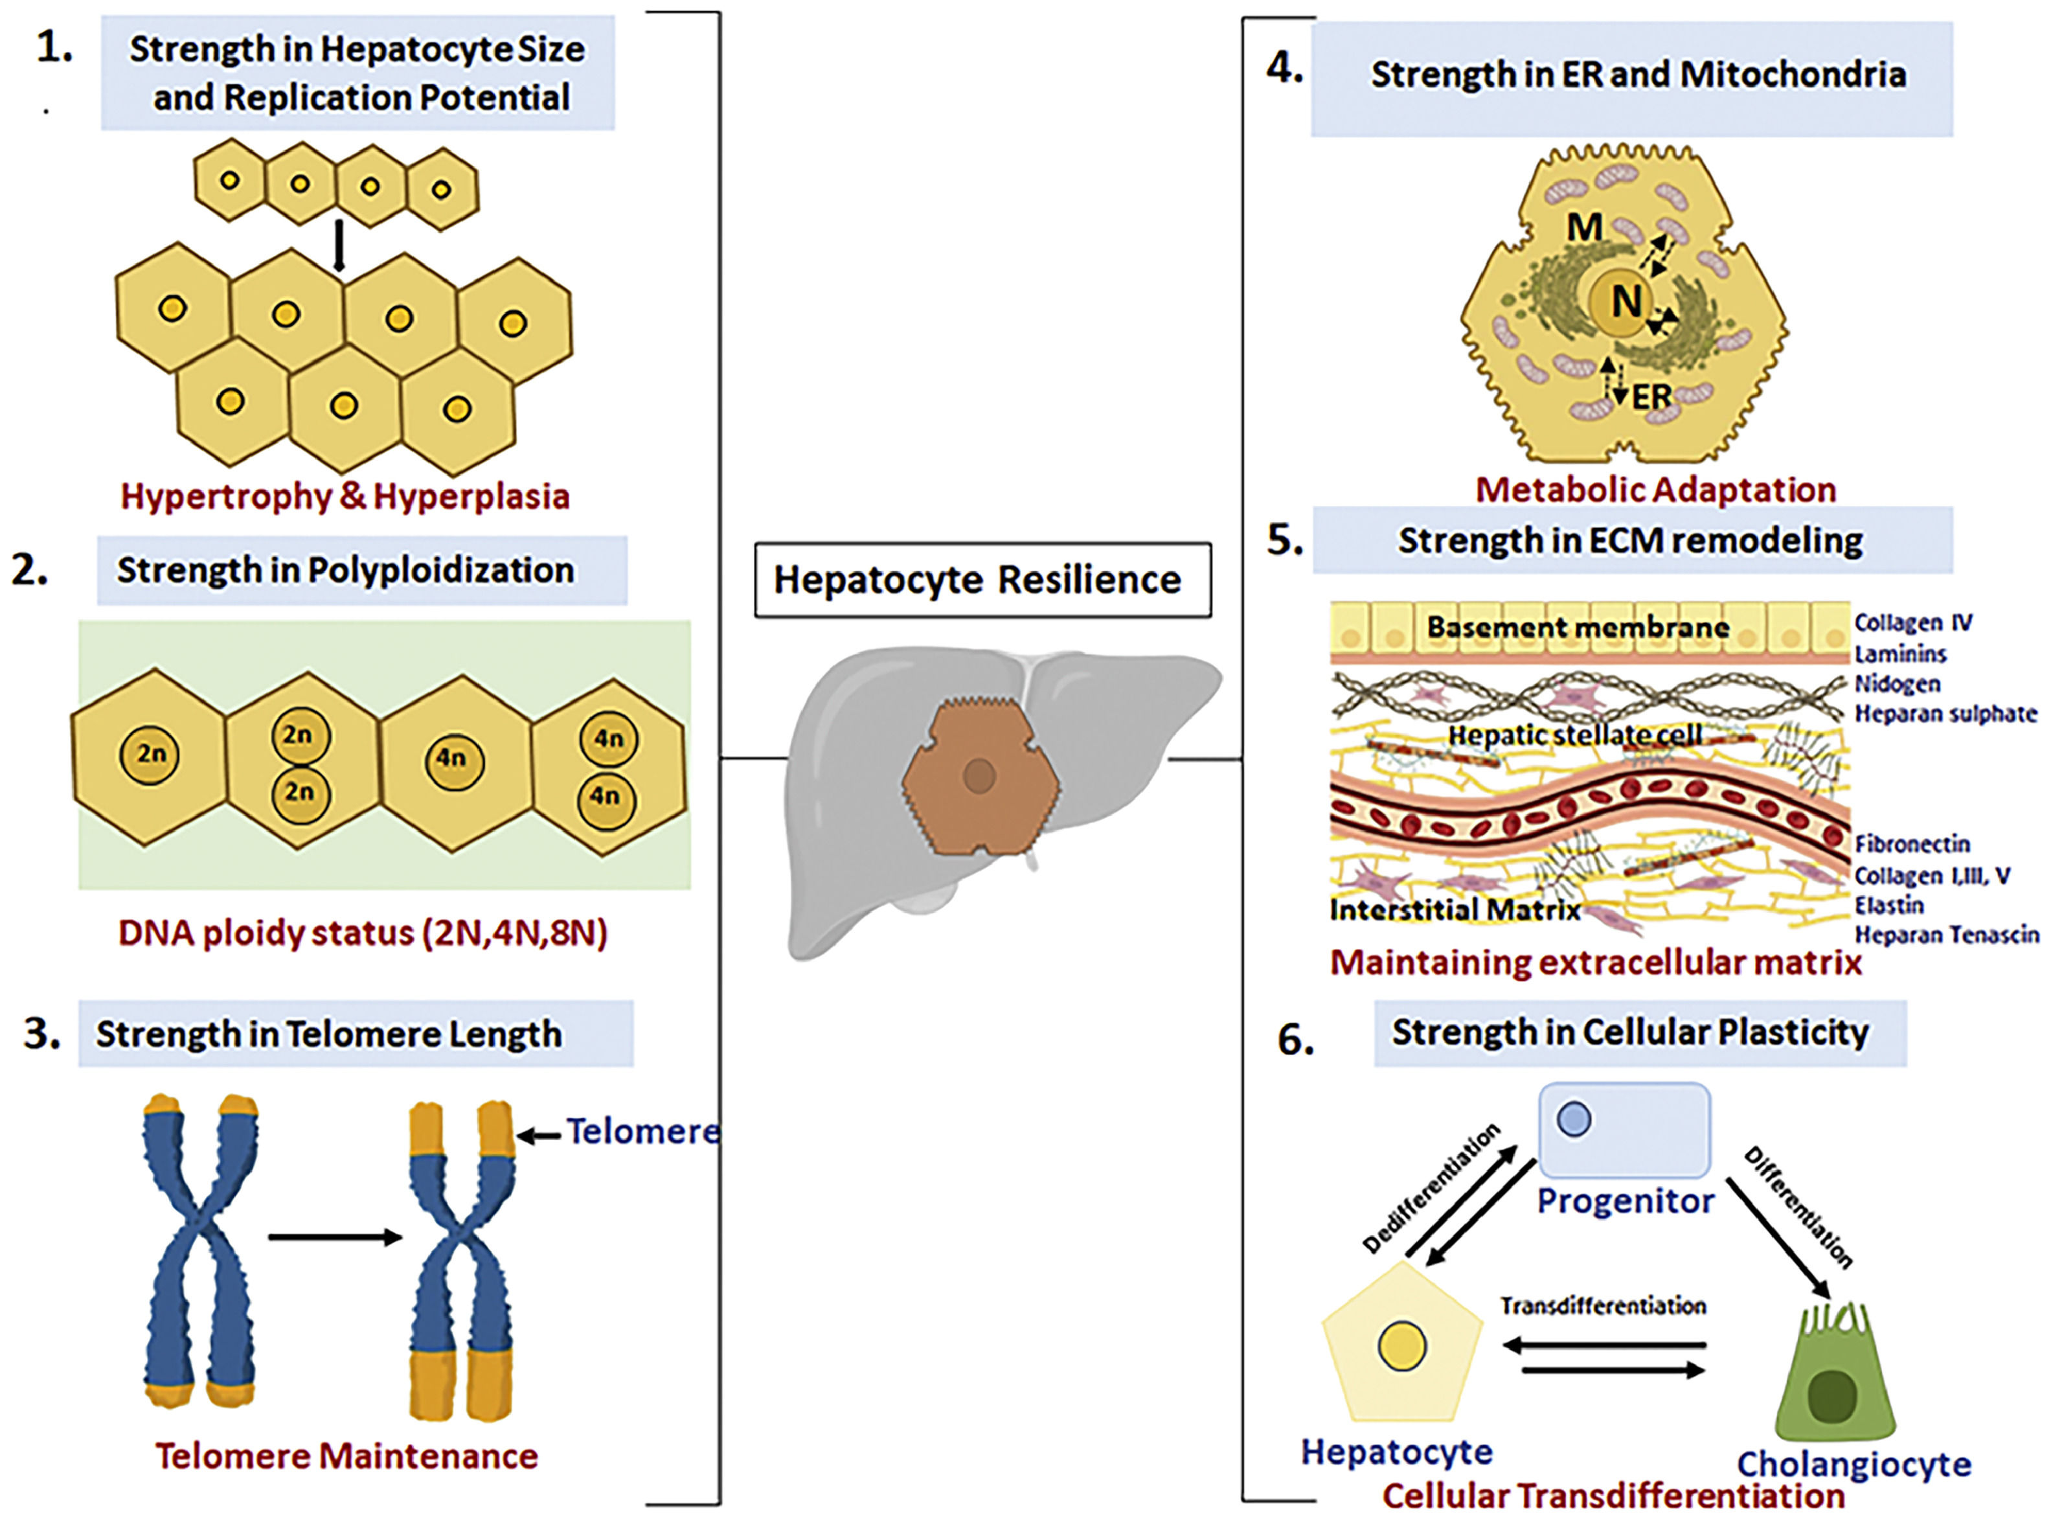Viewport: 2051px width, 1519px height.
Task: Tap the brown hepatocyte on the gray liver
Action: pyautogui.click(x=979, y=775)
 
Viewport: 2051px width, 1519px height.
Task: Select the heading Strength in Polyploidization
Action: pyautogui.click(x=346, y=570)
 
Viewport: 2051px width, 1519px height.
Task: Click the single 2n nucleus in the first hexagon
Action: pyautogui.click(x=150, y=755)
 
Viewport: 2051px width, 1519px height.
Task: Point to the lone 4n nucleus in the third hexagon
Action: pyautogui.click(x=452, y=759)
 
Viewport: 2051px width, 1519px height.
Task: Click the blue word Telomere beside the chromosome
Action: pyautogui.click(x=642, y=1131)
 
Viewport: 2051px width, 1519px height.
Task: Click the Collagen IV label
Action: pyautogui.click(x=1912, y=623)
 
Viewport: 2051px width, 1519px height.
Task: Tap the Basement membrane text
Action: pyautogui.click(x=1578, y=627)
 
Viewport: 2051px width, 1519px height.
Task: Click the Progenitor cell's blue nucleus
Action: pyautogui.click(x=1574, y=1119)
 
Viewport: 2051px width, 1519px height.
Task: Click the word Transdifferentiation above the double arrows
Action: pyautogui.click(x=1603, y=1307)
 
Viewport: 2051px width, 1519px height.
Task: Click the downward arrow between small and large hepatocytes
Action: pyautogui.click(x=339, y=246)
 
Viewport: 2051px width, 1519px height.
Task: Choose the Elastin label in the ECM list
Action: pyautogui.click(x=1888, y=906)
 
